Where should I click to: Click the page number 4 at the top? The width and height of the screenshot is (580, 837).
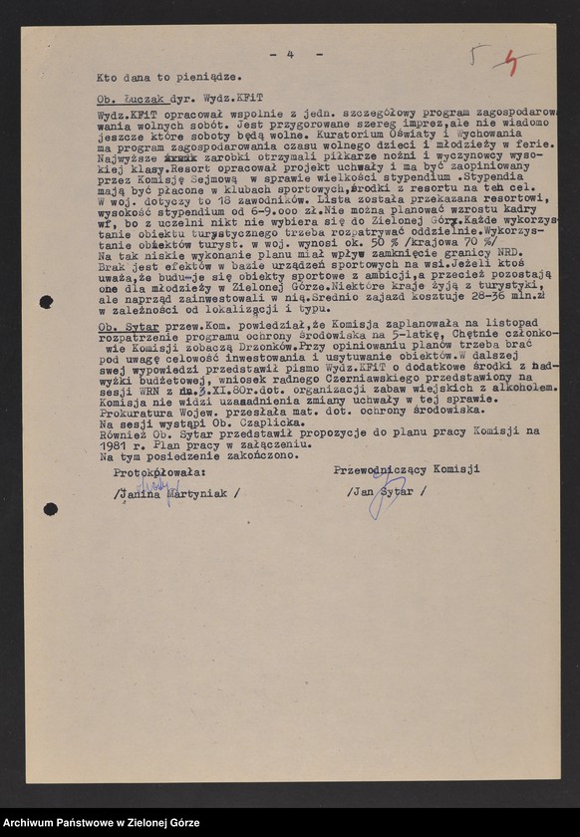(290, 54)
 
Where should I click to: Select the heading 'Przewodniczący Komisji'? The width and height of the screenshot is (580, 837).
(407, 469)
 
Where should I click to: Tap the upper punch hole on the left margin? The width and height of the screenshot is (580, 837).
(46, 302)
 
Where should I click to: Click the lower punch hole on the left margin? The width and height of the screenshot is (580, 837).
(50, 509)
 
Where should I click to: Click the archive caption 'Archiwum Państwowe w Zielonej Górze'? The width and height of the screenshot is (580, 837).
(102, 822)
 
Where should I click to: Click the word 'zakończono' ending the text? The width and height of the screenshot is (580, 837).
(261, 455)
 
